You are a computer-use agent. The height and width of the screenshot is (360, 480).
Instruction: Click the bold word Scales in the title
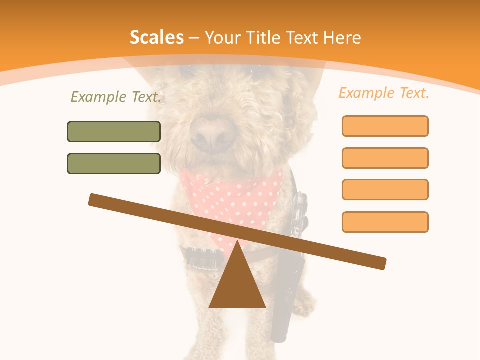[156, 37]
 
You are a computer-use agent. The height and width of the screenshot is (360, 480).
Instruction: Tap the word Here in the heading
[342, 37]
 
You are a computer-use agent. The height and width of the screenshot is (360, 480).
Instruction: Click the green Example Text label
[116, 97]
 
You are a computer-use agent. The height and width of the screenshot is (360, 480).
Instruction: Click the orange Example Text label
[384, 93]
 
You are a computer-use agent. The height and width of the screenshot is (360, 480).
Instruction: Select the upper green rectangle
[114, 131]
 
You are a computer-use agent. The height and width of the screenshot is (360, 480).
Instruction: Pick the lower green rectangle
[114, 163]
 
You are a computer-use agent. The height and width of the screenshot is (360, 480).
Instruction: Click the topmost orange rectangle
[385, 126]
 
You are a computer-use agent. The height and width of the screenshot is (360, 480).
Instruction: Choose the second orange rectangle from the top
[385, 158]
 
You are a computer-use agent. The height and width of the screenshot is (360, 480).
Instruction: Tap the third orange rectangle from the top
[385, 189]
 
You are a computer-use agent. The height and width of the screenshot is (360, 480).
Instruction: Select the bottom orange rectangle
[385, 222]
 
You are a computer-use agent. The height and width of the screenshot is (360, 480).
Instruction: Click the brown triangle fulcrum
[237, 285]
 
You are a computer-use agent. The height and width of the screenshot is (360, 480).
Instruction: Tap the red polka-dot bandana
[235, 195]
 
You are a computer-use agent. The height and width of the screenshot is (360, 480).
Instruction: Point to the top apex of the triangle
[237, 242]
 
